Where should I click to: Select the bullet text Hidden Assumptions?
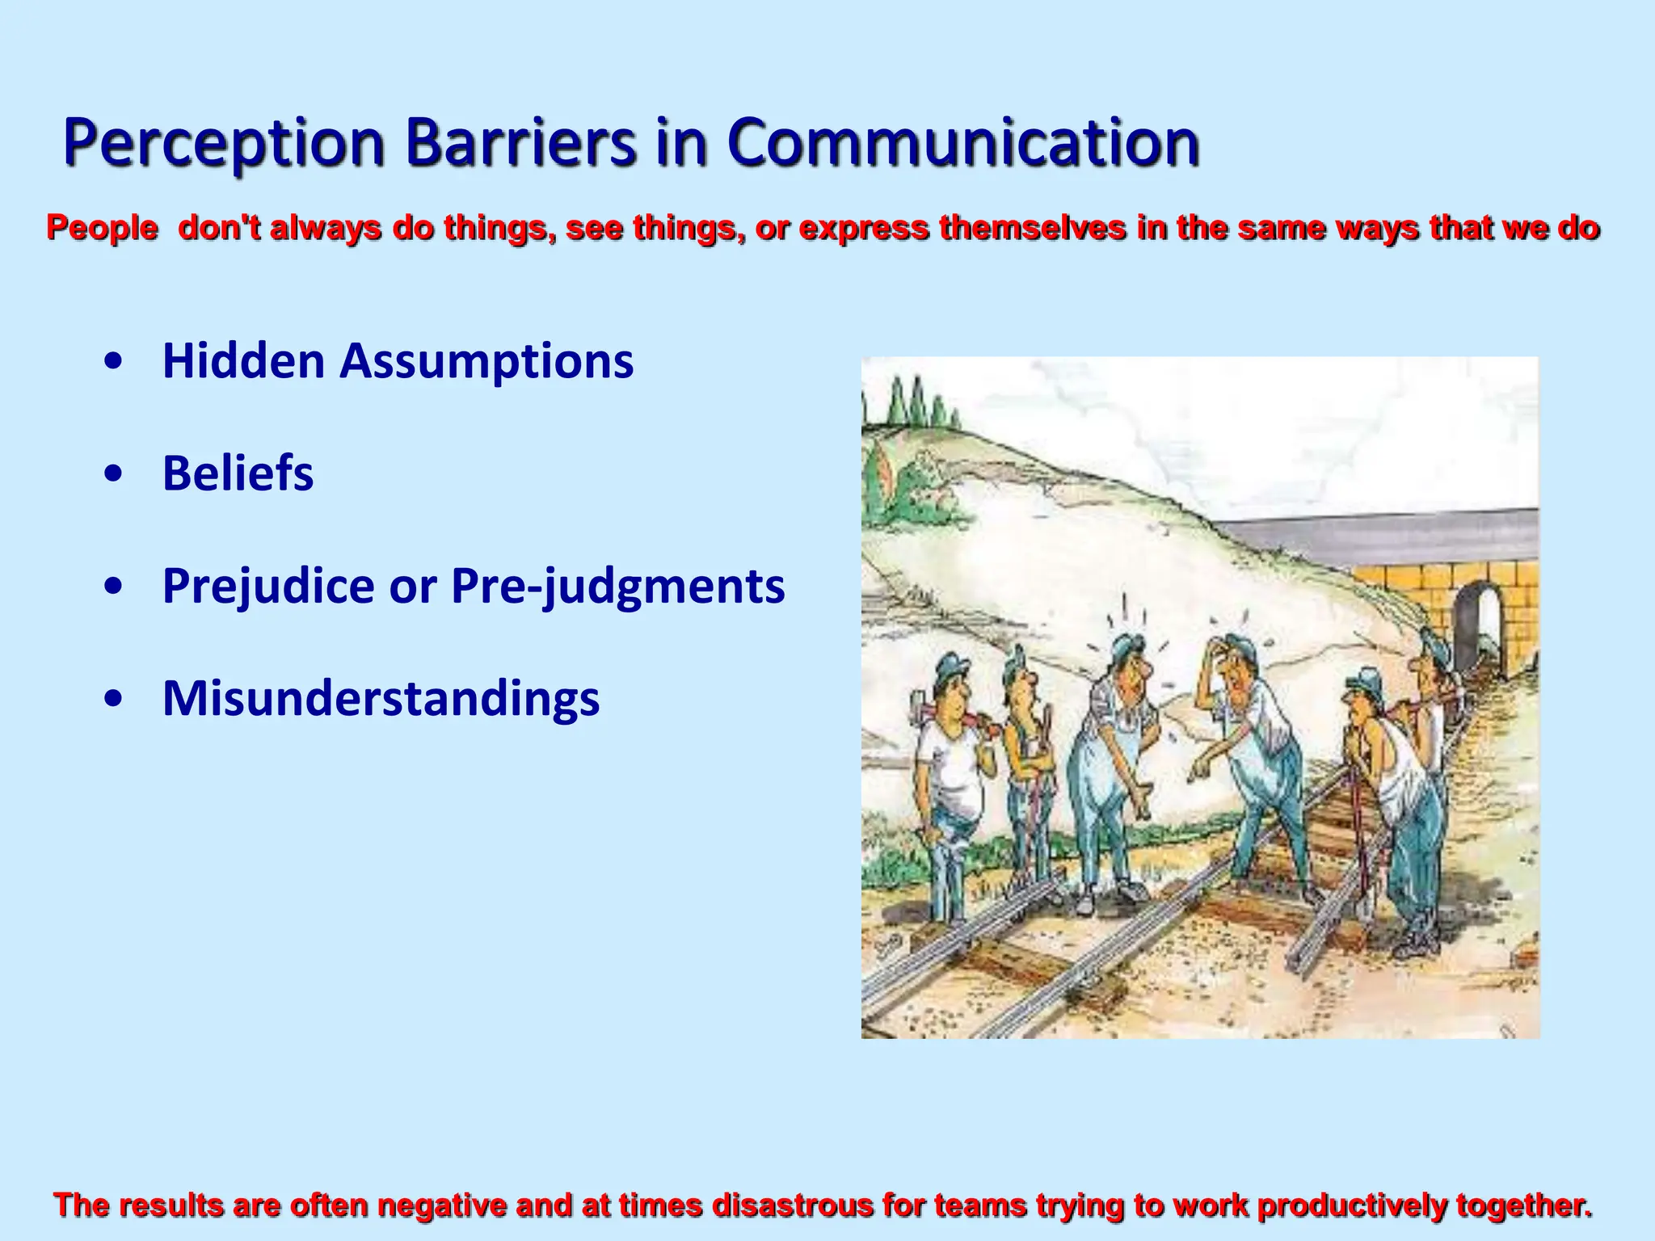[x=398, y=360]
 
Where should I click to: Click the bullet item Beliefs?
[x=238, y=473]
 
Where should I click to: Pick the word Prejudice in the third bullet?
[x=267, y=586]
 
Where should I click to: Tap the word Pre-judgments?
[x=617, y=586]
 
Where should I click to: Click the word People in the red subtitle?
[x=102, y=228]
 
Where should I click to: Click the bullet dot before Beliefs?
[x=114, y=475]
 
